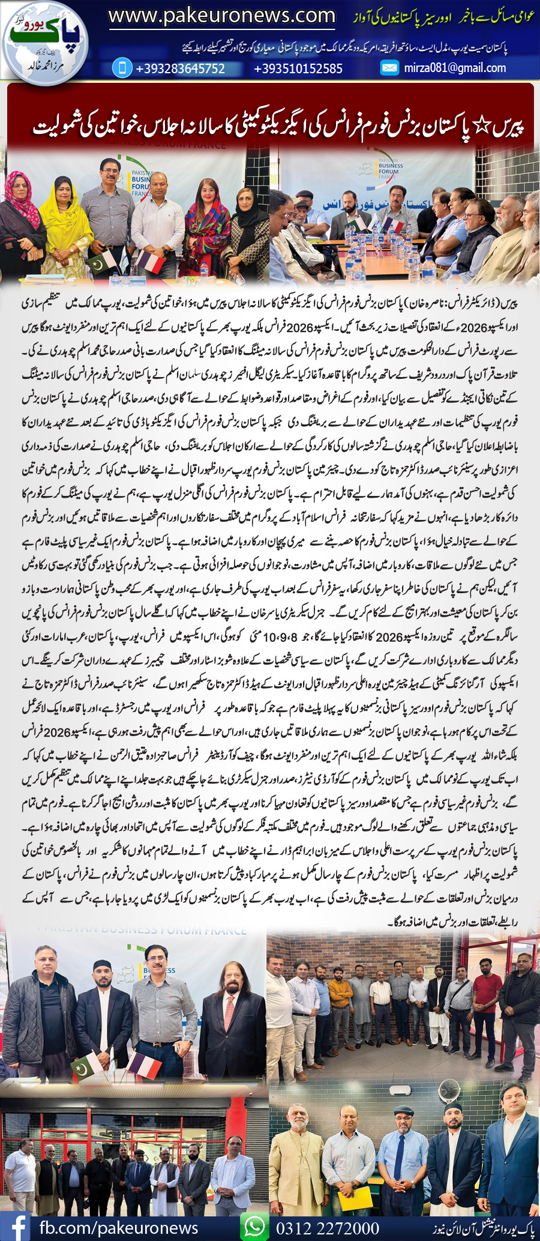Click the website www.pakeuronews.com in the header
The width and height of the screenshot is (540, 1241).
tap(221, 16)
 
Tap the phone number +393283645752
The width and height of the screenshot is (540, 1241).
tap(180, 68)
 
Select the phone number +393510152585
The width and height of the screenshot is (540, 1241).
tap(298, 68)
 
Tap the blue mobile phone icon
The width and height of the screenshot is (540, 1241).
tap(122, 68)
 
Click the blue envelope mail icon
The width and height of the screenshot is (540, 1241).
tap(389, 68)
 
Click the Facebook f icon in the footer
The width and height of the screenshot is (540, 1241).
tap(16, 1225)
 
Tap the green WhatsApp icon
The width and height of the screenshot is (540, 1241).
tap(254, 1225)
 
